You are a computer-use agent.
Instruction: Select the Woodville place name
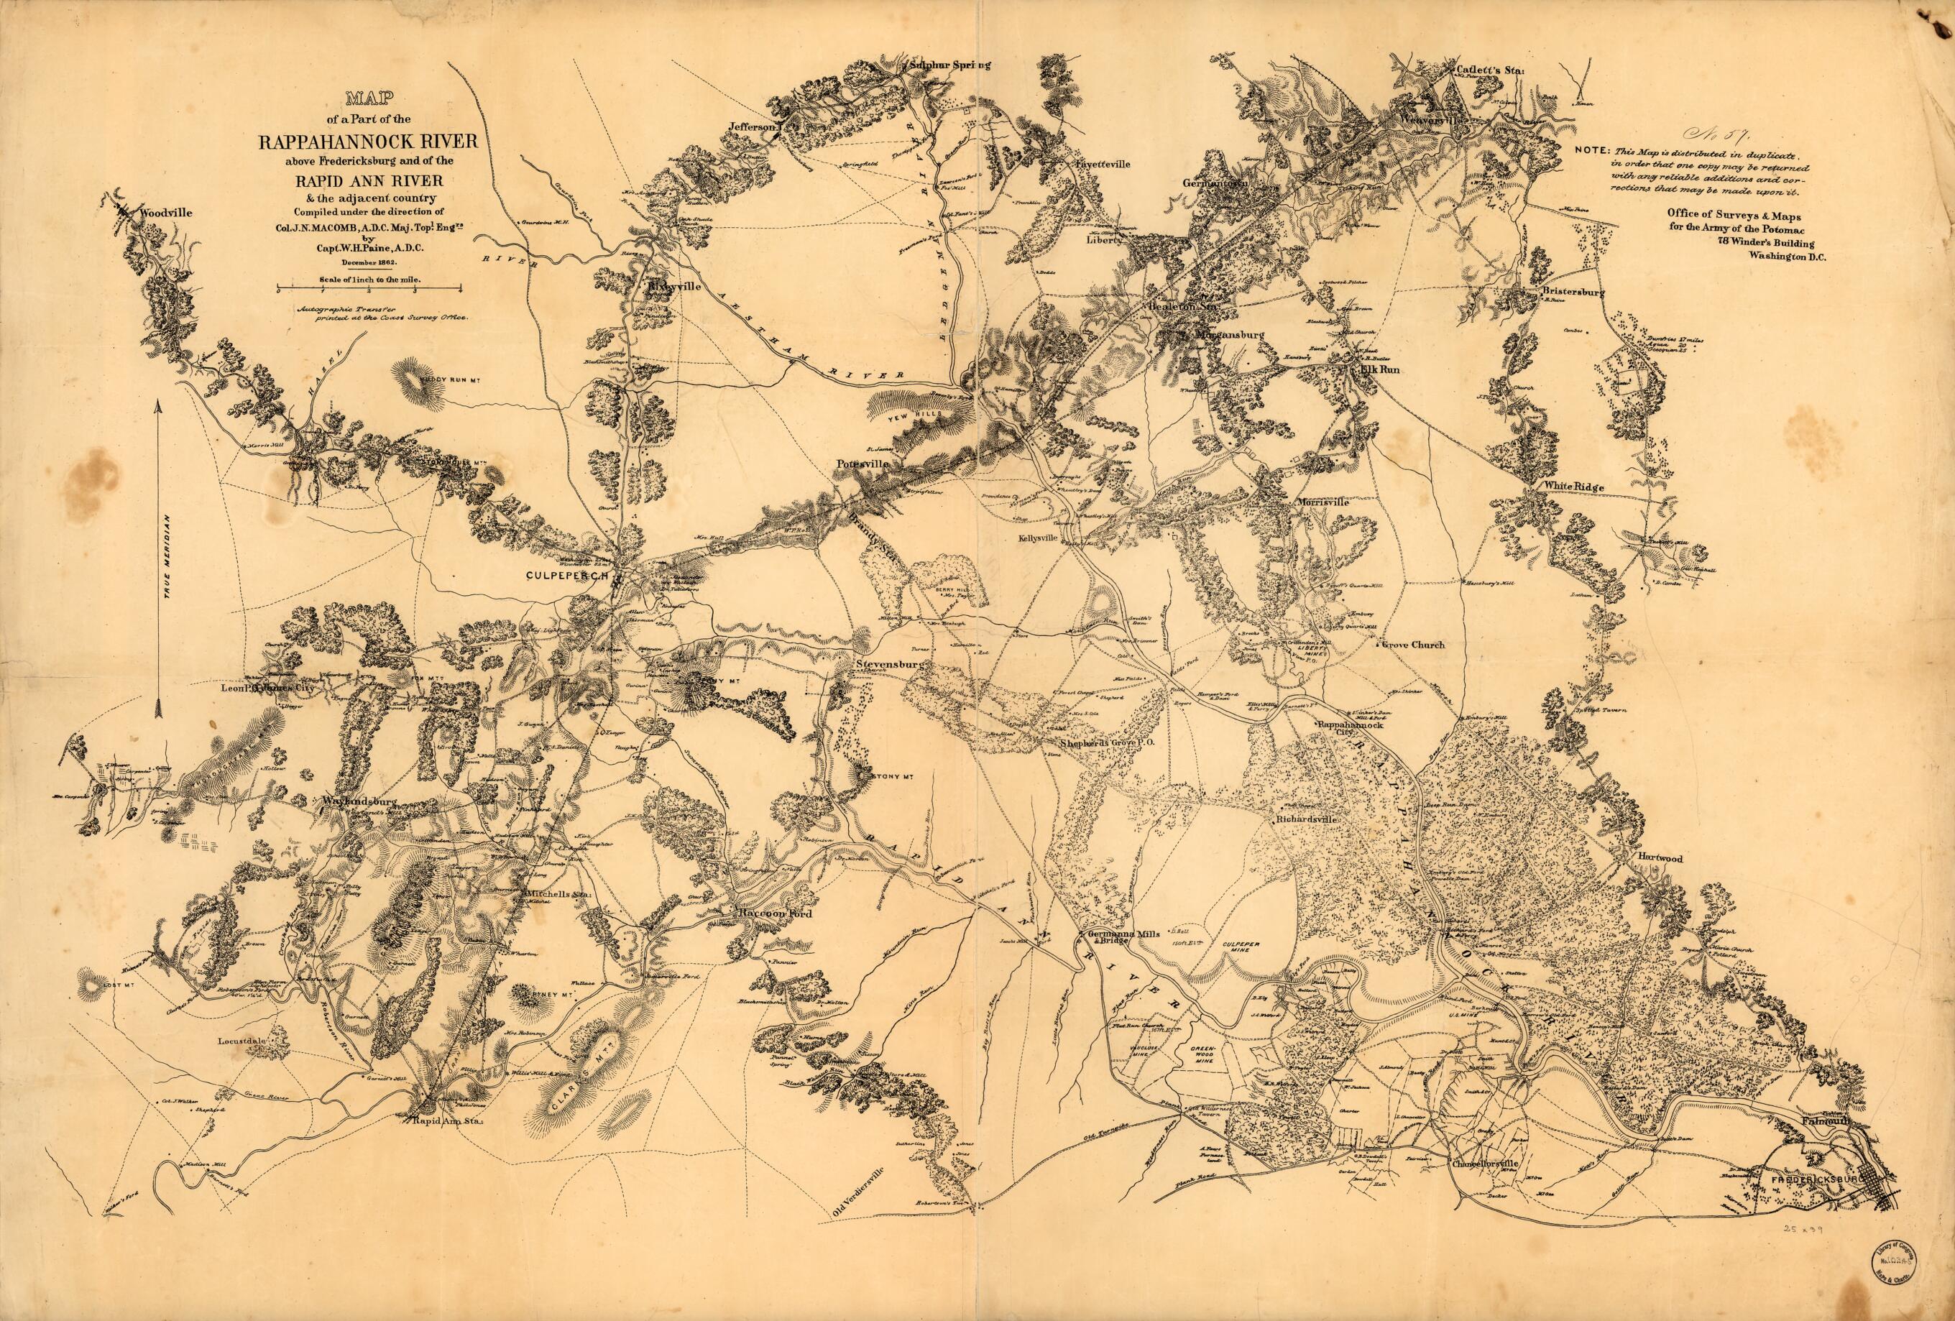(167, 213)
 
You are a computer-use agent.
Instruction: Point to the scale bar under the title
(369, 289)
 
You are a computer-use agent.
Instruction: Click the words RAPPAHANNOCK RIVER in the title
(369, 142)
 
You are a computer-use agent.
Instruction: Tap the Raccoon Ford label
(774, 913)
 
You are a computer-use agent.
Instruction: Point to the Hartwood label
(1659, 858)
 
